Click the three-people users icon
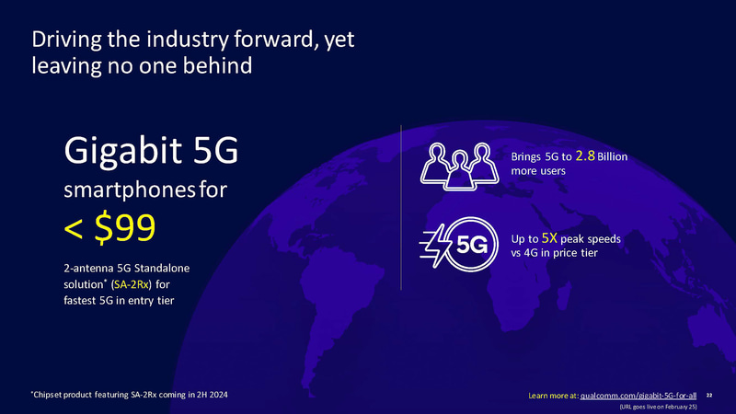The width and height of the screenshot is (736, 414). (x=456, y=164)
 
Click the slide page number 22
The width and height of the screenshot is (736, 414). (x=722, y=395)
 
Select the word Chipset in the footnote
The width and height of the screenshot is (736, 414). (x=49, y=395)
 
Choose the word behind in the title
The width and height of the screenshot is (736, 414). (x=220, y=66)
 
